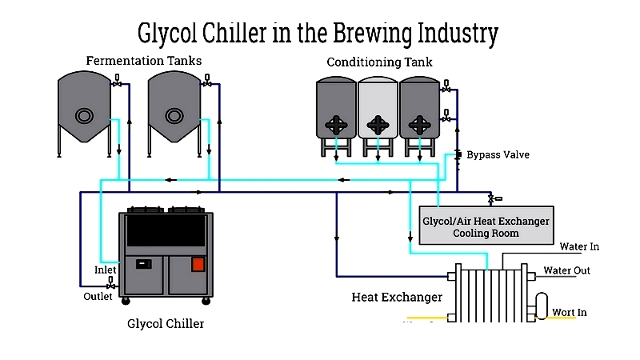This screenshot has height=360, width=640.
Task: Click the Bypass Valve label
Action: point(498,155)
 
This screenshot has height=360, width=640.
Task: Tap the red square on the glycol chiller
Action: point(198,265)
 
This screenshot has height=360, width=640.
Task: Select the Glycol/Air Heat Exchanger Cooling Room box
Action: point(486,226)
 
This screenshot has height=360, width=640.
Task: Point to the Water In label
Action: point(579,246)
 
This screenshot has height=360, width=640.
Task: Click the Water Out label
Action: point(566,270)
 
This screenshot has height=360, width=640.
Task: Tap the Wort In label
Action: point(570,312)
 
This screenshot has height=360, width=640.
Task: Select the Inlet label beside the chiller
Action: point(106,270)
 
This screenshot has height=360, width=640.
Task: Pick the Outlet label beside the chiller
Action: point(98,296)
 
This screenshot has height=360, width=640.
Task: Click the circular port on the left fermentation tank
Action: point(84,116)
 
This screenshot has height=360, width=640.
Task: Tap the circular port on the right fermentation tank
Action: point(174,116)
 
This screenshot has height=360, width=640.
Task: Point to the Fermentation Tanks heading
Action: point(144,61)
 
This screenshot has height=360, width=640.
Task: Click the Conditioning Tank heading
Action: point(379,62)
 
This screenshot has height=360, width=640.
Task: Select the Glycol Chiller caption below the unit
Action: point(166,324)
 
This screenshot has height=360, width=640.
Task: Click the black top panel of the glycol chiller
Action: point(166,230)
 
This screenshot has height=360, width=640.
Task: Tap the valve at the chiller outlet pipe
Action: point(110,283)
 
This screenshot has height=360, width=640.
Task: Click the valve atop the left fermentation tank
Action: point(117,81)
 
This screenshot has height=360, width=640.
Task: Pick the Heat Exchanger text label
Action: point(397,297)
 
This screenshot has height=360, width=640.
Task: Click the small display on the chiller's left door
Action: point(143,264)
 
